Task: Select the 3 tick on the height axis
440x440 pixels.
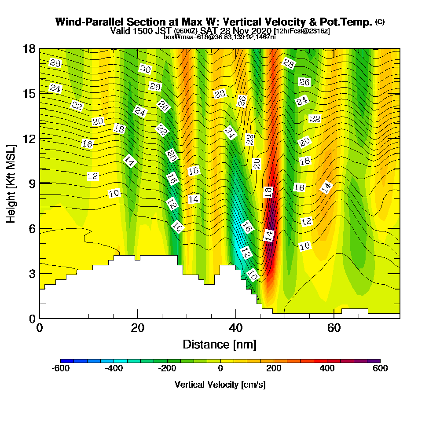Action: point(31,274)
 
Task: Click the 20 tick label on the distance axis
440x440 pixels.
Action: point(138,329)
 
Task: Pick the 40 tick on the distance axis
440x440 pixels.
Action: point(236,329)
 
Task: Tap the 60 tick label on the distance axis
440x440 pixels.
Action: point(335,329)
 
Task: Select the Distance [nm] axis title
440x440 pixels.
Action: point(220,344)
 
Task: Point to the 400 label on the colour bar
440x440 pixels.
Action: point(327,369)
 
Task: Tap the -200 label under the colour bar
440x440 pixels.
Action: point(167,369)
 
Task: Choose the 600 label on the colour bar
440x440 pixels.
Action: point(380,369)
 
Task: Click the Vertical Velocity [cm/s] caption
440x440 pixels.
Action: point(220,385)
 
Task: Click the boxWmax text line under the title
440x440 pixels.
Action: point(220,37)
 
